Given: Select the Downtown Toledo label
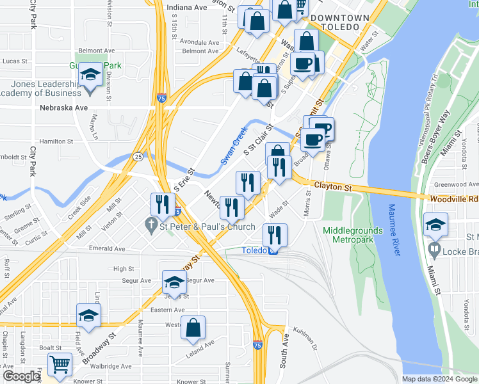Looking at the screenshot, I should tap(344, 23).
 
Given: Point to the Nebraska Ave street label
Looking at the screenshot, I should tap(63, 108).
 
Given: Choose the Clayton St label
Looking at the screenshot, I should tap(333, 188).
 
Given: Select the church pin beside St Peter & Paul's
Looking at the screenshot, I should tap(152, 225).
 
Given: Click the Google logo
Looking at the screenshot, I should tap(20, 376).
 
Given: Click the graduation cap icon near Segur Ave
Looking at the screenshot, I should tap(174, 281).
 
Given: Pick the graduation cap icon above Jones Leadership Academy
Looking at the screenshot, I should tap(91, 76).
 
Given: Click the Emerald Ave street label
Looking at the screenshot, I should tap(107, 248).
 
